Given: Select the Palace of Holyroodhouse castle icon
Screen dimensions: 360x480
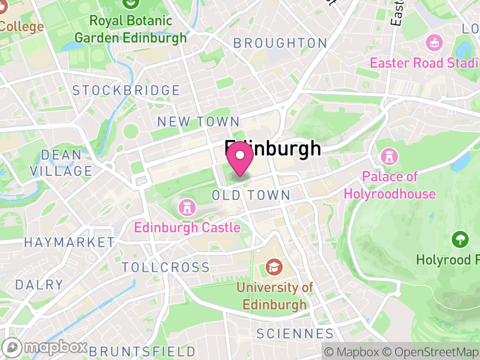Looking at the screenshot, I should (389, 157).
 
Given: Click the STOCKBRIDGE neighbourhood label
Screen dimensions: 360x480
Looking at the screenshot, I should (126, 91).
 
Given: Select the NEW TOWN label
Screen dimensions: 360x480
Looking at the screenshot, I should (198, 122).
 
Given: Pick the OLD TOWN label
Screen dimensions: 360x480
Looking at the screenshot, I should (251, 196).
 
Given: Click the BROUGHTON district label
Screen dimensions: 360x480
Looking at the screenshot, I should (280, 43).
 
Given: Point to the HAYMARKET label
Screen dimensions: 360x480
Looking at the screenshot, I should (69, 242).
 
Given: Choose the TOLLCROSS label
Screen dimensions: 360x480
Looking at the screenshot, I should (166, 268).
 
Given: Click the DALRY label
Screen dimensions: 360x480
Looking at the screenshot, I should (39, 284).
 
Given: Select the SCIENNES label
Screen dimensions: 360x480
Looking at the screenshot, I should (295, 334).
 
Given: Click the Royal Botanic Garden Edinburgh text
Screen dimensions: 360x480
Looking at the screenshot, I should (139, 29).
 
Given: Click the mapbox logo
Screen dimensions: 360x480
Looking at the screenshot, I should (46, 347).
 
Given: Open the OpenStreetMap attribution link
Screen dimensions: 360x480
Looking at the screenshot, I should (431, 352).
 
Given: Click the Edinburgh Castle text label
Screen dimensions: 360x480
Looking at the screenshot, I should (187, 227).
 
